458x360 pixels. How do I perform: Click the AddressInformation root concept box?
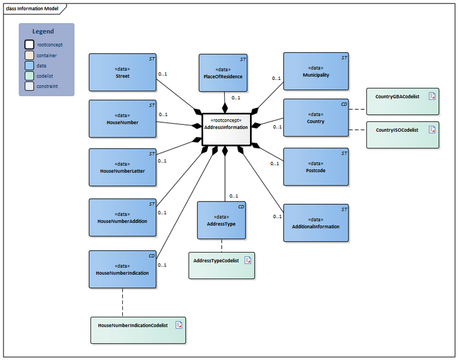(225, 129)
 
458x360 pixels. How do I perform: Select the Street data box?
(122, 73)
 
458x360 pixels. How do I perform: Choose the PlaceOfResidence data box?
(223, 73)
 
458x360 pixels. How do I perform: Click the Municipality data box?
(315, 71)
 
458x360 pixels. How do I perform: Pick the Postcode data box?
(315, 167)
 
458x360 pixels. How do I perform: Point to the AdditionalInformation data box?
(315, 223)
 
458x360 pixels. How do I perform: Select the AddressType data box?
(221, 220)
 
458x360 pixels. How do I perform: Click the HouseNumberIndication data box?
(122, 269)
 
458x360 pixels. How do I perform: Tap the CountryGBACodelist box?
(402, 101)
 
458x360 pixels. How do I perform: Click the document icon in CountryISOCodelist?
(431, 130)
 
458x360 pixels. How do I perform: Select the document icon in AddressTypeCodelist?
(247, 260)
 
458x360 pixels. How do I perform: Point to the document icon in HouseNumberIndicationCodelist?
(179, 325)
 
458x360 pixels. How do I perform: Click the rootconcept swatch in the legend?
(29, 44)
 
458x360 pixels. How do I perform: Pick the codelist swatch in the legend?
(29, 76)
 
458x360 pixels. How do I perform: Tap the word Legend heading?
(43, 31)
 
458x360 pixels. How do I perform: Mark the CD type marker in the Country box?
(343, 104)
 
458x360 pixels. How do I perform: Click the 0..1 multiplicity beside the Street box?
(162, 74)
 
